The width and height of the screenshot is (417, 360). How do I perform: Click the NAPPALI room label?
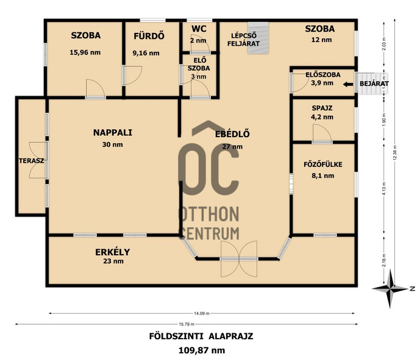[113, 133]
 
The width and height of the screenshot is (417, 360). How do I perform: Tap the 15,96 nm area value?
[85, 52]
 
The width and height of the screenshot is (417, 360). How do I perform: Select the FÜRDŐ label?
[149, 36]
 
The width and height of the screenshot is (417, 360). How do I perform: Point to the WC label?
[199, 29]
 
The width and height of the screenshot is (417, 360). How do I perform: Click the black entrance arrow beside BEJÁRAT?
[348, 85]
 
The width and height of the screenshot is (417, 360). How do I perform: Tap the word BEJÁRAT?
[374, 83]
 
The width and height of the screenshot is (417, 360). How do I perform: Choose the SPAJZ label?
[322, 108]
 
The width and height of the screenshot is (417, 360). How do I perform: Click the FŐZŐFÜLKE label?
[323, 164]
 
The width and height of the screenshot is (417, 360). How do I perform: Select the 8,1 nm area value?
[323, 175]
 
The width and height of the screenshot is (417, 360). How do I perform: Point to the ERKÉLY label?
[113, 252]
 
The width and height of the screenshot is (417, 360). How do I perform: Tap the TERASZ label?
[31, 161]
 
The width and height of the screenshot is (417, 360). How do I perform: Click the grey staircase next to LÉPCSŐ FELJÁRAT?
[258, 38]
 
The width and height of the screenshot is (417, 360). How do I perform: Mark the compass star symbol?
[390, 289]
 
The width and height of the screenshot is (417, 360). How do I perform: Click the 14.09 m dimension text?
[202, 313]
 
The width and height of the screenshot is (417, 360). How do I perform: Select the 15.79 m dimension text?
[187, 324]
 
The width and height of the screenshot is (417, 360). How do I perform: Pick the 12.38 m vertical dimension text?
[395, 152]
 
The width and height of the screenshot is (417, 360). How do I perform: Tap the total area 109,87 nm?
[202, 350]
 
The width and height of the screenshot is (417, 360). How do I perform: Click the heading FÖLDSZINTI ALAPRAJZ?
[201, 336]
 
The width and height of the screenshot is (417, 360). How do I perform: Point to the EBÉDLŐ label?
[232, 134]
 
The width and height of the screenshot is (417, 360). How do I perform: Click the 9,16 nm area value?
[146, 53]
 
